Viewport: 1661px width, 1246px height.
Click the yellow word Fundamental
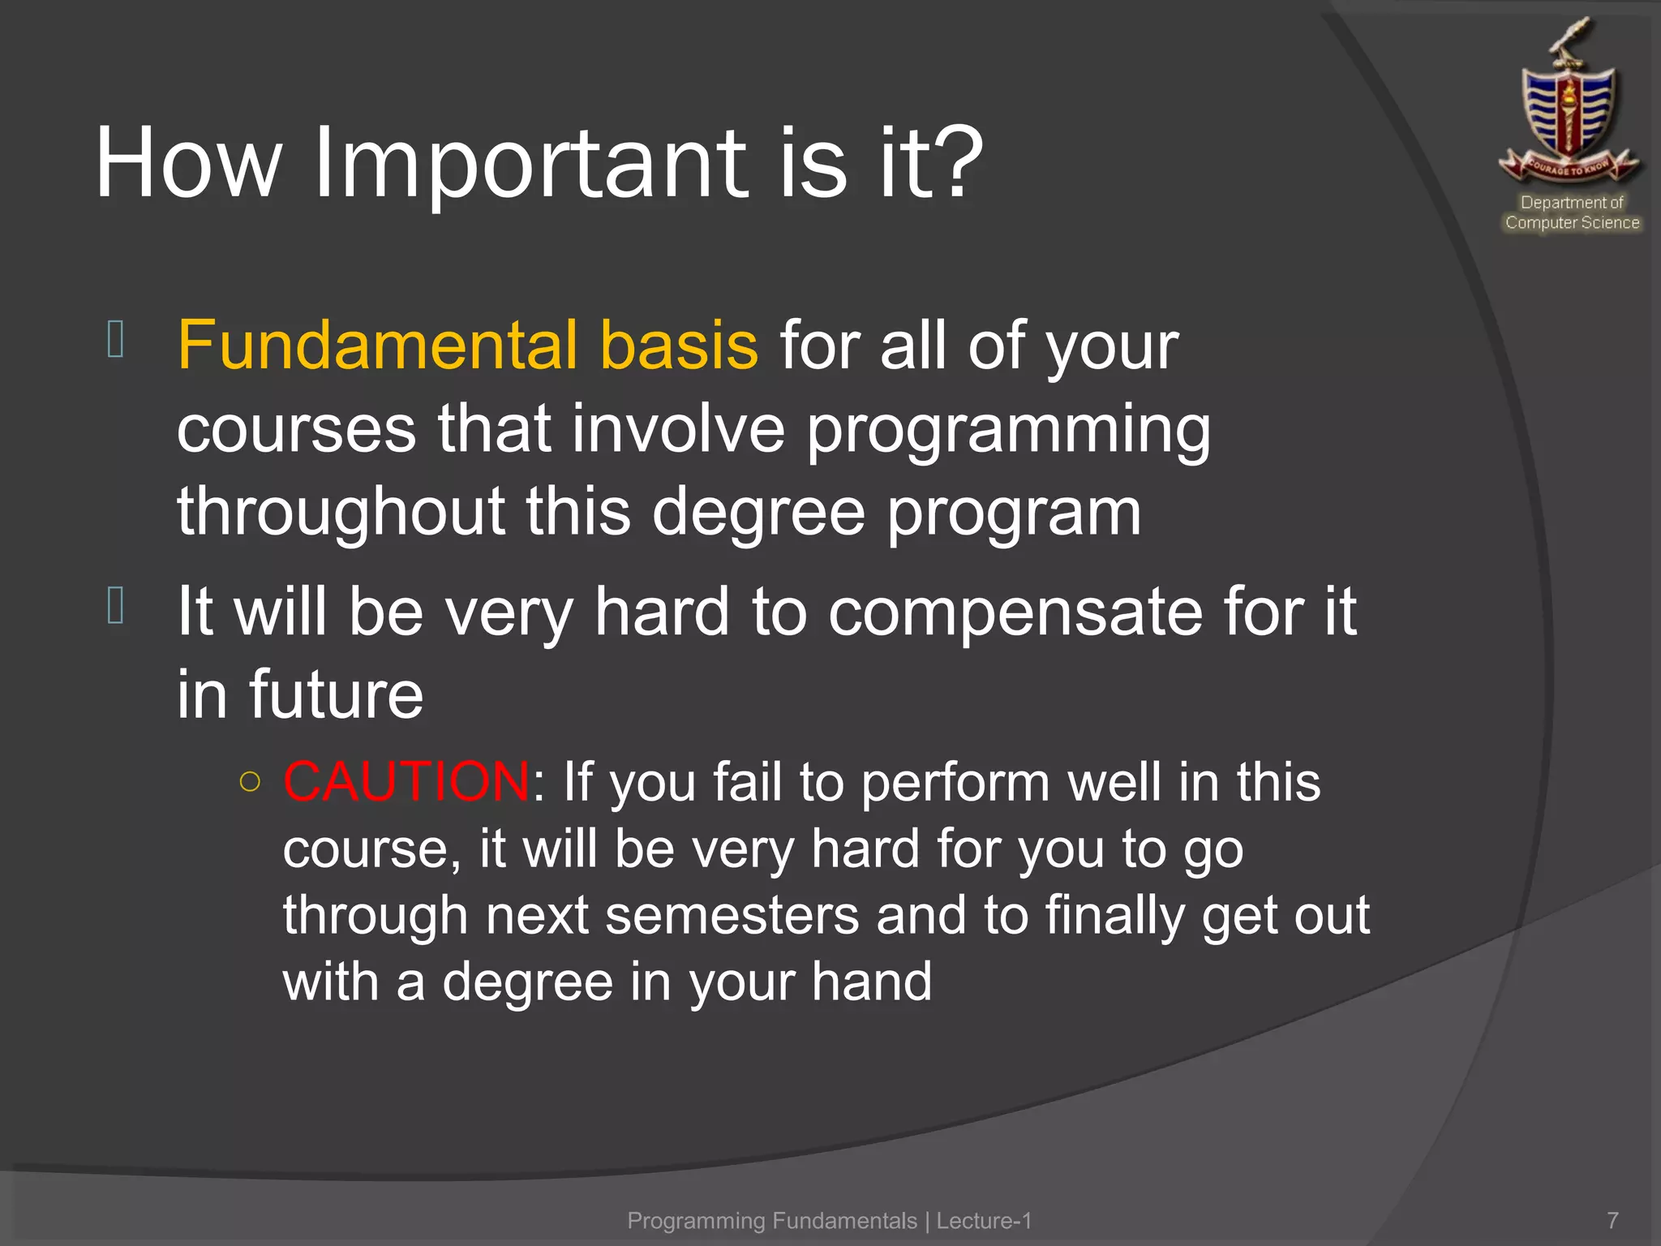pyautogui.click(x=377, y=345)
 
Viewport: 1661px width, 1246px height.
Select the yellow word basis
pyautogui.click(x=678, y=345)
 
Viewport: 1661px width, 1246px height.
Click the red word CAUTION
pyautogui.click(x=406, y=782)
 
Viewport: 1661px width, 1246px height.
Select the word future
pyautogui.click(x=336, y=695)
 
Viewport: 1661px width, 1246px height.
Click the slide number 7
pyautogui.click(x=1612, y=1220)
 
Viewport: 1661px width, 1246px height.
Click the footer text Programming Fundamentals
pyautogui.click(x=771, y=1220)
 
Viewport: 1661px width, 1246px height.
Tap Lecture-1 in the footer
pyautogui.click(x=984, y=1220)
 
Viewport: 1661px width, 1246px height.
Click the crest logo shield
pyautogui.click(x=1569, y=110)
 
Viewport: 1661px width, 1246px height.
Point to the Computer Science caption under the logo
pyautogui.click(x=1572, y=222)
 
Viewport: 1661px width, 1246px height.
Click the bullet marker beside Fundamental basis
pyautogui.click(x=115, y=339)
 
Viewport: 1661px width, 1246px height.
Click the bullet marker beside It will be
pyautogui.click(x=115, y=606)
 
